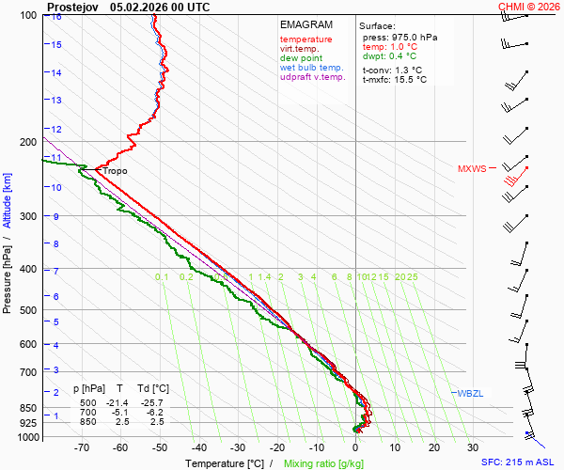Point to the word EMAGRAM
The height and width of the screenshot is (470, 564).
[x=306, y=24]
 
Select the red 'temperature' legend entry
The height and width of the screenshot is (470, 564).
[x=305, y=39]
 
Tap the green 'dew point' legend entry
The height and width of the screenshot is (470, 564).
[x=300, y=58]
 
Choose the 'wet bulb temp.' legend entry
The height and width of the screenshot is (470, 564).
[x=312, y=68]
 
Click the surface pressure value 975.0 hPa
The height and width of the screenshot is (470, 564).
[x=413, y=37]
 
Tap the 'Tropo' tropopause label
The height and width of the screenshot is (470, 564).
[x=115, y=171]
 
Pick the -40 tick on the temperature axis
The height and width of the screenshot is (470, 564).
[x=198, y=447]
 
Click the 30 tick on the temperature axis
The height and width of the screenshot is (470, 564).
[x=473, y=447]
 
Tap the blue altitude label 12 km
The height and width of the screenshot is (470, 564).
[x=56, y=129]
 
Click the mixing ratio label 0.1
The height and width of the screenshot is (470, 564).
[x=162, y=277]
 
